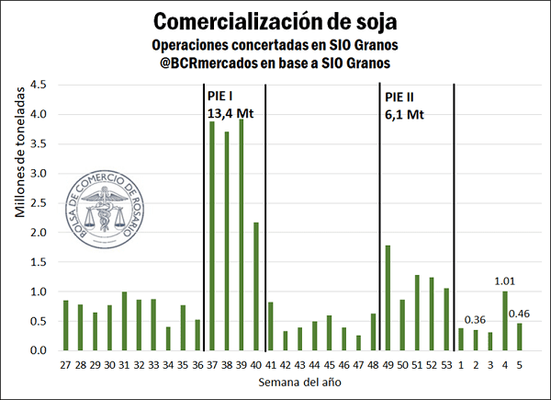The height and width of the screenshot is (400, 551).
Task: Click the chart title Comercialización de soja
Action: pos(275,20)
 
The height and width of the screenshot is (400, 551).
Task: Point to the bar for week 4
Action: pos(504,321)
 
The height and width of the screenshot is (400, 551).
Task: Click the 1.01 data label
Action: pos(504,281)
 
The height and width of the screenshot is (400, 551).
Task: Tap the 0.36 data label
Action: pos(476,320)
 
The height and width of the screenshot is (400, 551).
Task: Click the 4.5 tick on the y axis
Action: pos(38,85)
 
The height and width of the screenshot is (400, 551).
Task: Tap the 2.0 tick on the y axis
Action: pos(38,233)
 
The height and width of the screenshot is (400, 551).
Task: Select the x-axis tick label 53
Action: pos(447,365)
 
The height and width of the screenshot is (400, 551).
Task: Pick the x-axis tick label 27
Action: pos(65,365)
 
